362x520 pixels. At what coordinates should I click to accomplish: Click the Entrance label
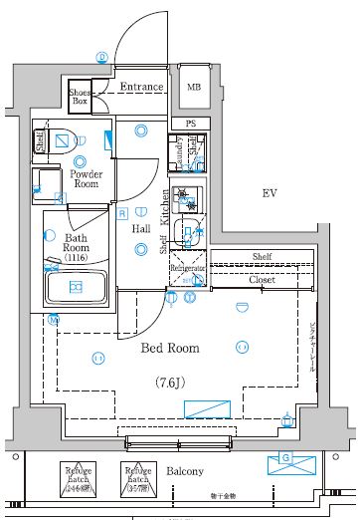pyautogui.click(x=141, y=87)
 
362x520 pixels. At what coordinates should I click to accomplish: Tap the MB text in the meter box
pyautogui.click(x=194, y=87)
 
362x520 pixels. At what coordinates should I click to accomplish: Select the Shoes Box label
pyautogui.click(x=80, y=97)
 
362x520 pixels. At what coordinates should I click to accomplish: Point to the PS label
pyautogui.click(x=190, y=124)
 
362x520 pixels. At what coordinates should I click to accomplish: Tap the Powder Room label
pyautogui.click(x=88, y=179)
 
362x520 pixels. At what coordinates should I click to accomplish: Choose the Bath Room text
pyautogui.click(x=77, y=245)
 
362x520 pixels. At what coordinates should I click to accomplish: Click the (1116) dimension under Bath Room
pyautogui.click(x=77, y=258)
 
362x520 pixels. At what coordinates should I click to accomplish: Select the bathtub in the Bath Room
pyautogui.click(x=76, y=287)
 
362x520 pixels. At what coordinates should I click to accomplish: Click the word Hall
pyautogui.click(x=142, y=228)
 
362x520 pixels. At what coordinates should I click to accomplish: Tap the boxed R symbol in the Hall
pyautogui.click(x=122, y=212)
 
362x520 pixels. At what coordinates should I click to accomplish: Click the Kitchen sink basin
pyautogui.click(x=184, y=233)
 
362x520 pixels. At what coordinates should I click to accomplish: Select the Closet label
pyautogui.click(x=262, y=280)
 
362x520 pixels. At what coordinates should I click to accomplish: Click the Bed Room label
pyautogui.click(x=171, y=349)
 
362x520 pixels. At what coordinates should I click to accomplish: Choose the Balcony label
pyautogui.click(x=184, y=471)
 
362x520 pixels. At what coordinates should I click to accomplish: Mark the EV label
pyautogui.click(x=269, y=192)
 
